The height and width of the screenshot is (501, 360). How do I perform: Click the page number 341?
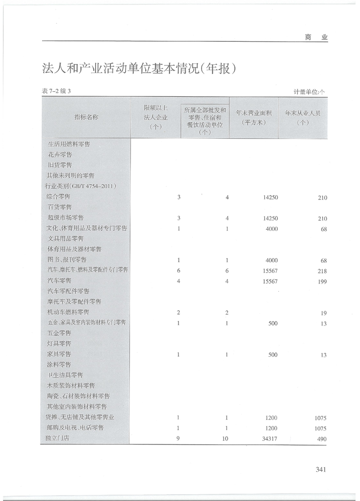pos(321,469)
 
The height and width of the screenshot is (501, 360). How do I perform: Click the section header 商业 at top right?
pos(316,37)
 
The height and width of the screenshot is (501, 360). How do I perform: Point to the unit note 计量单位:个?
pos(309,92)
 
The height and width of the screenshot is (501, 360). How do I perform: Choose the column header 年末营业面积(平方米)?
pos(254,117)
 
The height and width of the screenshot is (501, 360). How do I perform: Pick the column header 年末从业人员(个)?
pos(303,117)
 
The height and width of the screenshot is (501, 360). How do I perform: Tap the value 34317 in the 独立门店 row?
pos(270,439)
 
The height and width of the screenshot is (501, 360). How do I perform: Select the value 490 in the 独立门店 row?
pos(322,439)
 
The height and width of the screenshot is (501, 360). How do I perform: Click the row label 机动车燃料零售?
pos(68,312)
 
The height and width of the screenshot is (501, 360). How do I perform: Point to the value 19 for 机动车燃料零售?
pos(323,313)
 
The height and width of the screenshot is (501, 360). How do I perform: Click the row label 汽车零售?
pos(59,281)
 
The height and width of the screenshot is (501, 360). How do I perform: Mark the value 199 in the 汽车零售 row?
pos(322,281)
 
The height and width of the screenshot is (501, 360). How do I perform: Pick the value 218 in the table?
pos(322,271)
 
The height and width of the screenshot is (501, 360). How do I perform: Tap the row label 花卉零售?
pos(59,155)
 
